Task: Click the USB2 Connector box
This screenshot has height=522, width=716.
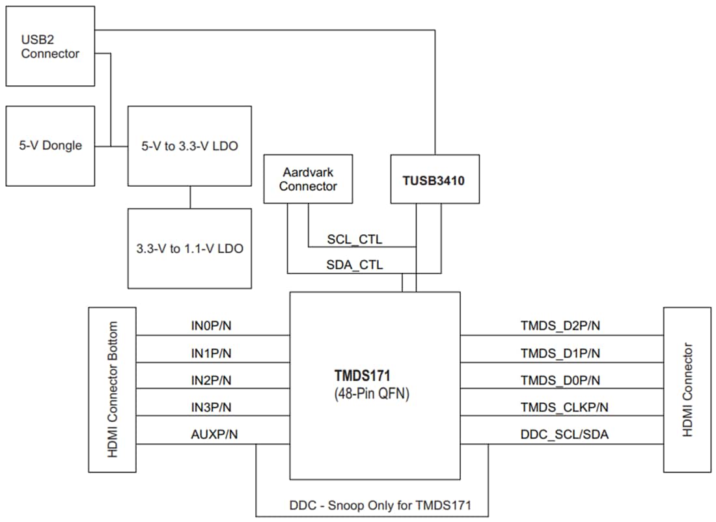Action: coord(50,46)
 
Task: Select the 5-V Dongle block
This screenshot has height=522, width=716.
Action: coord(50,145)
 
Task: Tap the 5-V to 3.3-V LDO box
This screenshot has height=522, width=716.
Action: coord(189,146)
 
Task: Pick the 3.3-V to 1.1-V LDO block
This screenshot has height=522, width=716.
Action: coord(189,249)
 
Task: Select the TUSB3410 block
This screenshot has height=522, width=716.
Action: coord(434,180)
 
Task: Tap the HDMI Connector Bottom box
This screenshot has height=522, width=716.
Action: coord(113,389)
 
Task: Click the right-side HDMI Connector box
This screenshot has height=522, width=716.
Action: coord(687,389)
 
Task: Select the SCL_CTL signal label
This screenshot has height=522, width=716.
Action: coord(354,240)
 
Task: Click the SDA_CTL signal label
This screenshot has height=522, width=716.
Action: coord(354,264)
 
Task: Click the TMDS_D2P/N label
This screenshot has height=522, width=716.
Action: coord(560,325)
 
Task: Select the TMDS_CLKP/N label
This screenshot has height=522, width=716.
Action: coord(564,407)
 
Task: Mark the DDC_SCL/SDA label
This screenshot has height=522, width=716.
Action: coord(564,434)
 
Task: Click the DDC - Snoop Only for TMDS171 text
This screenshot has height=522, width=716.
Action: coord(379,504)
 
